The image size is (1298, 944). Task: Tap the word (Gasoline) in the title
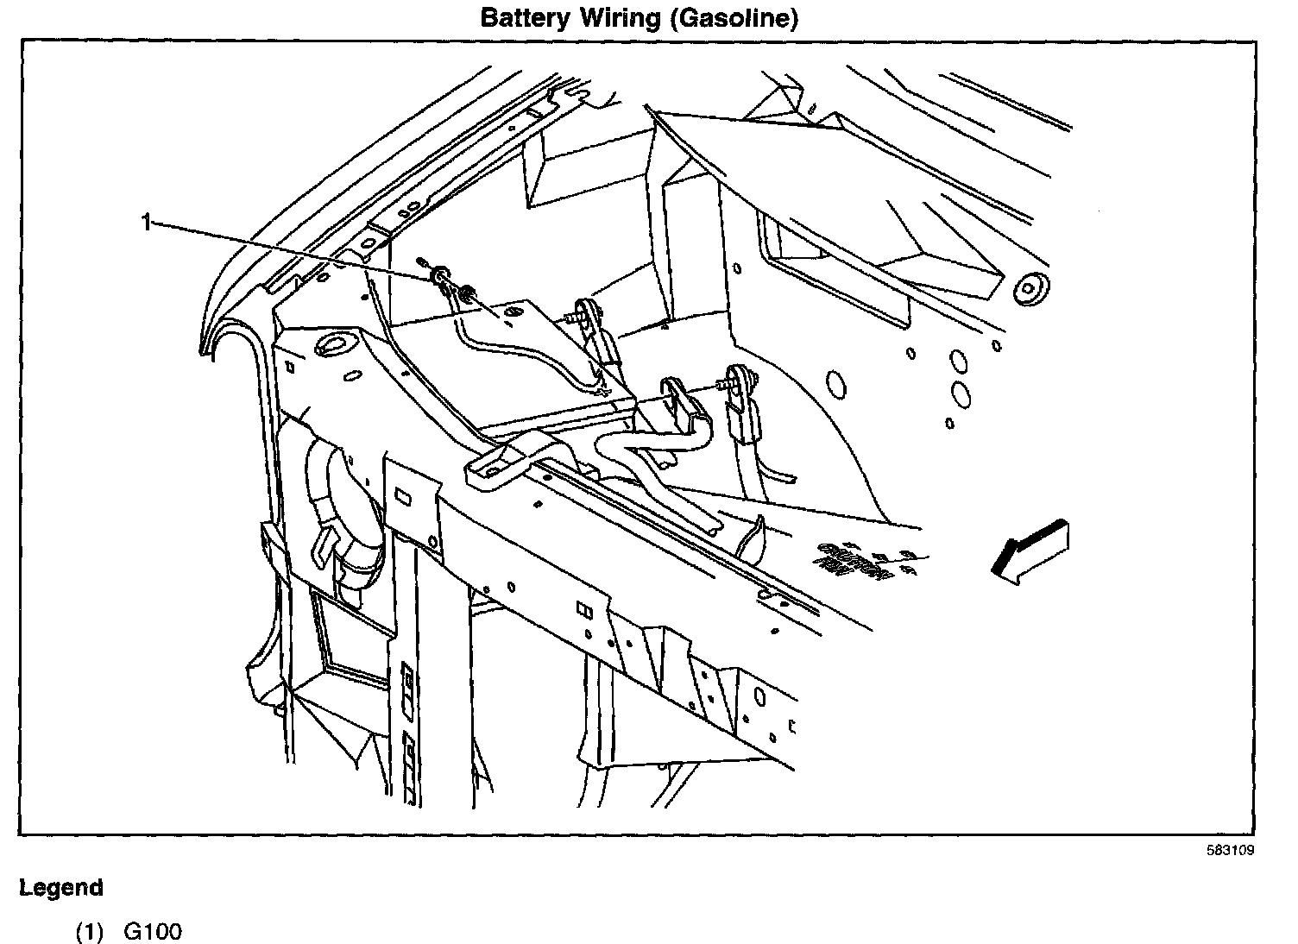(733, 18)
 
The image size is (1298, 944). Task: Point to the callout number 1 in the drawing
(147, 223)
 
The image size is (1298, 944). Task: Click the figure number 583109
(1230, 850)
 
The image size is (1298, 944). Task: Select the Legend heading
(61, 888)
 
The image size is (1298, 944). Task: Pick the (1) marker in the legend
(89, 932)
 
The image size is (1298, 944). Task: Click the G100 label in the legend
(154, 932)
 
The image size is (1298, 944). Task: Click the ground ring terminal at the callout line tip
(439, 276)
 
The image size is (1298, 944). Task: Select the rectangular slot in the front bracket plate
(402, 497)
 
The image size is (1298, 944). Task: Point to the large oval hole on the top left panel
(332, 346)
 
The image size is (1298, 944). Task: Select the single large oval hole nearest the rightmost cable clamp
(835, 381)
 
